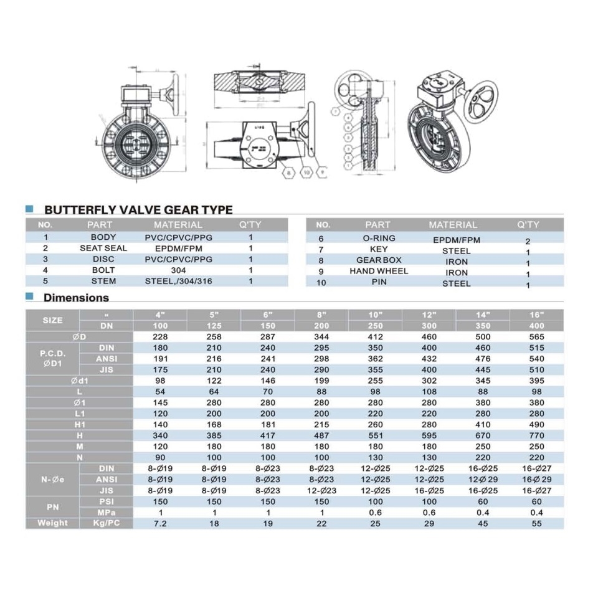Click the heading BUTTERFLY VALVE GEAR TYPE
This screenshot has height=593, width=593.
(138, 210)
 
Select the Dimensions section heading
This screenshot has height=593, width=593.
(76, 298)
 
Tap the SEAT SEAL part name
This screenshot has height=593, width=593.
(103, 248)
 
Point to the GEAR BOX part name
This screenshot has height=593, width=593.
(379, 260)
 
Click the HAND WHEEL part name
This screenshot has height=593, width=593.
(379, 272)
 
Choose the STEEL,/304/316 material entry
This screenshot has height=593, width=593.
(178, 282)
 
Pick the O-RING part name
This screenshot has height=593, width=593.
(379, 239)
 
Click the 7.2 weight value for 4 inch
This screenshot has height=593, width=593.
(161, 523)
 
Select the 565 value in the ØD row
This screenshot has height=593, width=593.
(536, 337)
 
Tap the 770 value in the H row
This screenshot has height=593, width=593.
(536, 435)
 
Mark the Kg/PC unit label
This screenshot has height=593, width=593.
(106, 523)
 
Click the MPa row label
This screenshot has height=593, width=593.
(106, 513)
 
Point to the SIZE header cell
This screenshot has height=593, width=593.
(53, 320)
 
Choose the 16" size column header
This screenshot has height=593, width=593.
(536, 315)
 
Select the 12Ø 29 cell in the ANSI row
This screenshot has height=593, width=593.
(483, 480)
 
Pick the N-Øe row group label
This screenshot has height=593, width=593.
(53, 480)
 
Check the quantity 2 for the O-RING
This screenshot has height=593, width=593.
(528, 240)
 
